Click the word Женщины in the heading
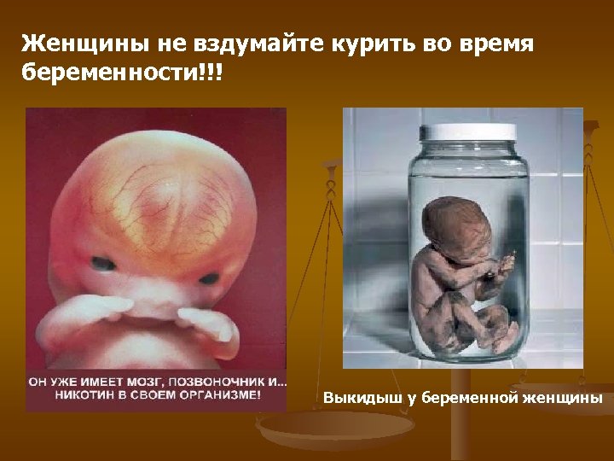pos(72,43)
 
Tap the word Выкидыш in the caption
pos(356,399)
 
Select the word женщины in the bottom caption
pos(565,399)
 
